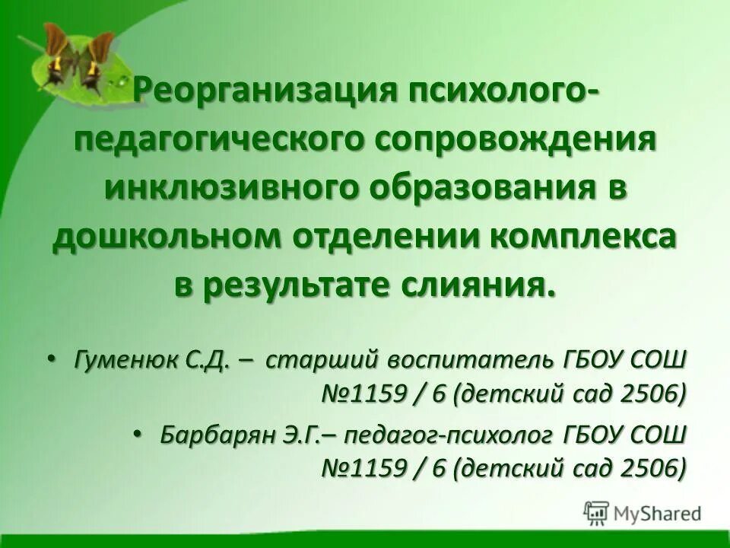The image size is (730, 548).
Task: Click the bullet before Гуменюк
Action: click(50, 358)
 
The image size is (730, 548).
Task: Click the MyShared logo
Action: click(642, 512)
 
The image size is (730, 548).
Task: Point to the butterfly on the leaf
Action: click(72, 57)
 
